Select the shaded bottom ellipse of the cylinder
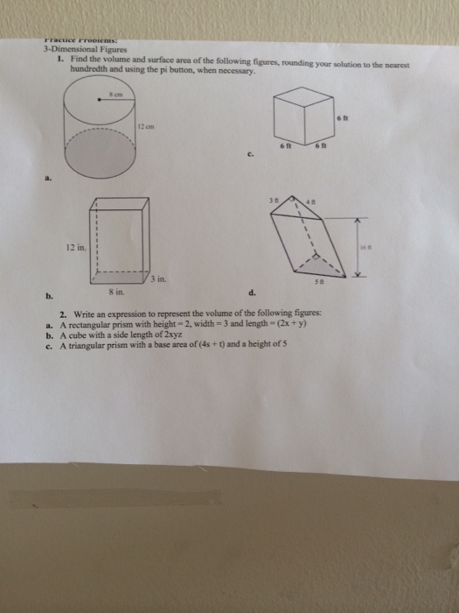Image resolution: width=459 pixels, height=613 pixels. [101, 159]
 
